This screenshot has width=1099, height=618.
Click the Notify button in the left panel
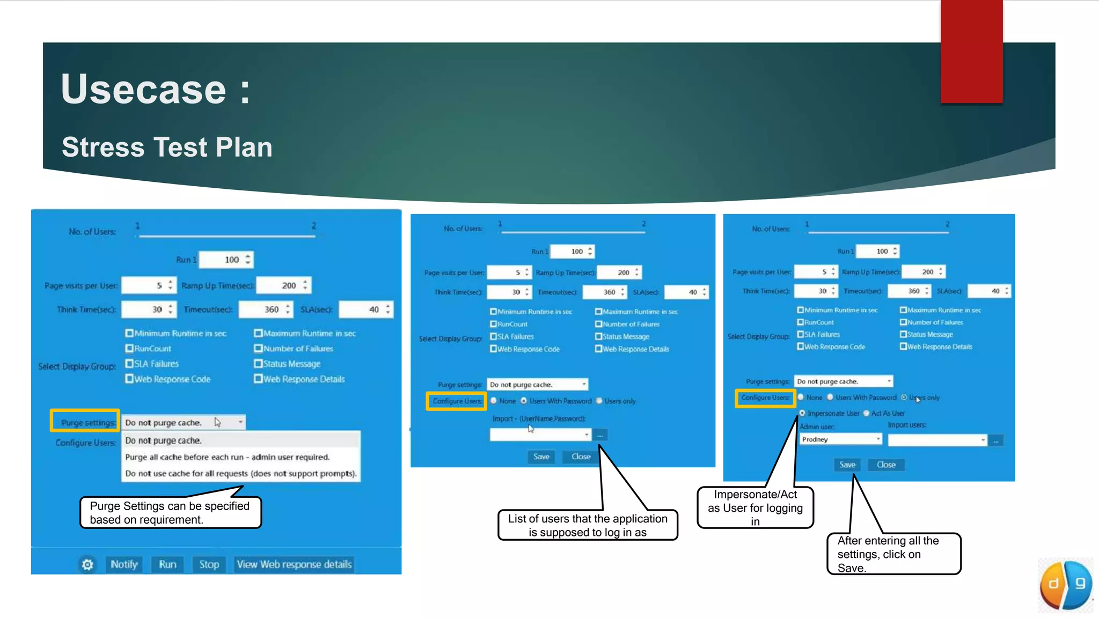124,564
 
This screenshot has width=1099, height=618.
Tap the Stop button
209,564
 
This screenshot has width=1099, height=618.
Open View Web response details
294,564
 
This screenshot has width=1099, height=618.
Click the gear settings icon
87,564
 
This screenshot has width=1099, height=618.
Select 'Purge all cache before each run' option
227,457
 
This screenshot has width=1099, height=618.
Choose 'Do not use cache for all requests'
240,474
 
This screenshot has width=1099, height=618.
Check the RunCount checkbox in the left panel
129,349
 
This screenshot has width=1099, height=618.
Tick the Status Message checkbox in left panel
258,364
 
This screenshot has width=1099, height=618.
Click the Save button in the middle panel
541,457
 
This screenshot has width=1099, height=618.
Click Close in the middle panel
581,457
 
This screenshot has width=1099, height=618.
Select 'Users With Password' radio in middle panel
524,401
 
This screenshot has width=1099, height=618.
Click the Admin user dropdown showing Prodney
840,439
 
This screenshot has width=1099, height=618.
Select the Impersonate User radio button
802,413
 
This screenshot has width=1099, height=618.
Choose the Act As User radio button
866,413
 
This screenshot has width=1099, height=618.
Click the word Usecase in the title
144,89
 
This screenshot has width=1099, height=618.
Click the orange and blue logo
1066,585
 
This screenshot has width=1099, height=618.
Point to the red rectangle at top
971,51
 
